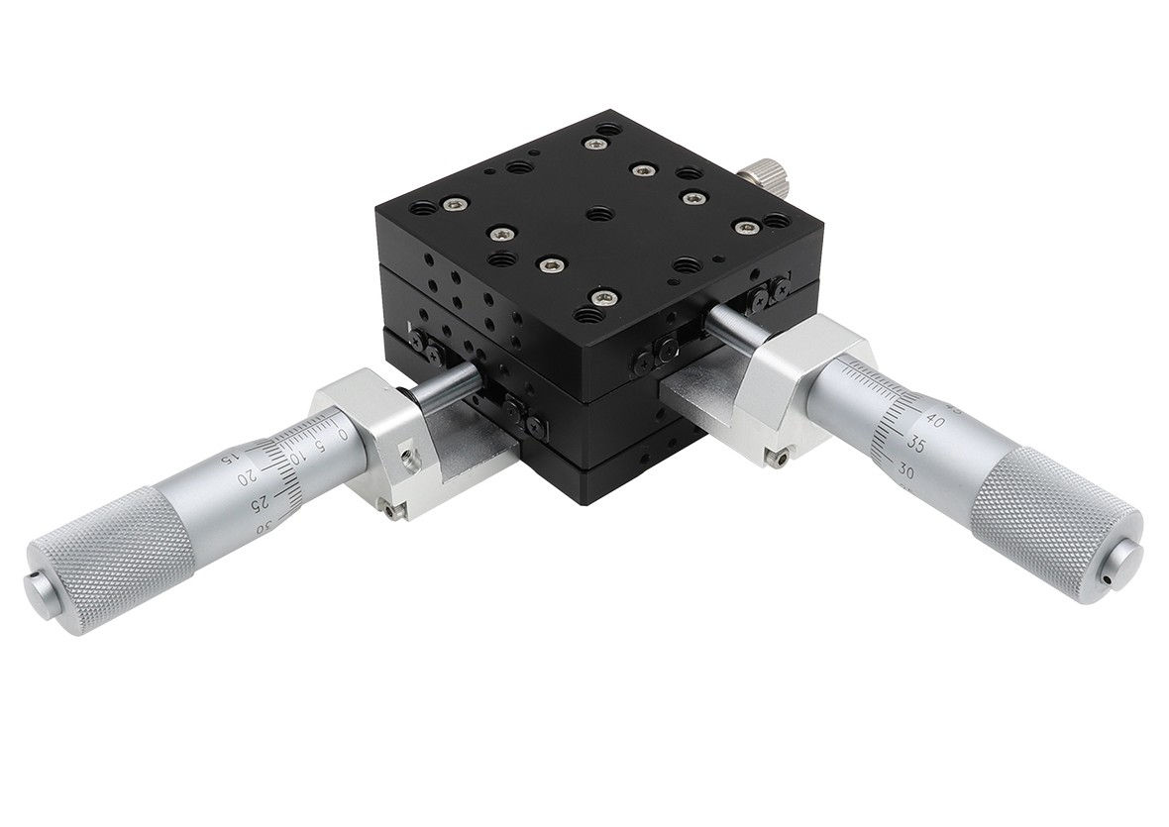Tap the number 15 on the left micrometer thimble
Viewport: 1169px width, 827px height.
(227, 458)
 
